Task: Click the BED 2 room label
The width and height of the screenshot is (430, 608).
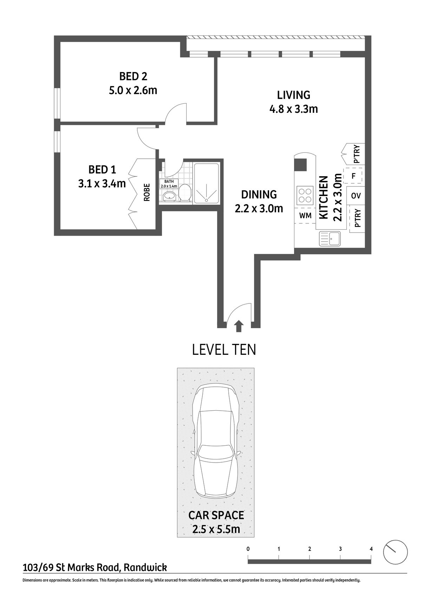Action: (133, 76)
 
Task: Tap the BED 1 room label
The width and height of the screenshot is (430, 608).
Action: (102, 170)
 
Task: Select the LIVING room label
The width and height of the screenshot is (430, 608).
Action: (294, 95)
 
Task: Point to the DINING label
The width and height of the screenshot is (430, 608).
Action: (259, 194)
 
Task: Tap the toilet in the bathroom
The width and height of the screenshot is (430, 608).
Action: (185, 193)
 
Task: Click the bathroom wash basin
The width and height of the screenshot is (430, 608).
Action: (169, 196)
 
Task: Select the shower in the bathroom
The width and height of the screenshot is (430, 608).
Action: (207, 183)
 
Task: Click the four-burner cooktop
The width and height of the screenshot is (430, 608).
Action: (304, 195)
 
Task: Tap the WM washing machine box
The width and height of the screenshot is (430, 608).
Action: (305, 216)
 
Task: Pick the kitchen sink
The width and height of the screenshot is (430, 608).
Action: (330, 239)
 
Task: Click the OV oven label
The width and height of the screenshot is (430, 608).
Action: (356, 196)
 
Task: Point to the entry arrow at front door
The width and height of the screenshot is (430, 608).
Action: (239, 326)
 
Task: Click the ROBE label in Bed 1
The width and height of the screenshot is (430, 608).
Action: (147, 192)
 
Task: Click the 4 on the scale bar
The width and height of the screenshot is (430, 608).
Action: (371, 549)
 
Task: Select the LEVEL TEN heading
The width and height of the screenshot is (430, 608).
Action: (224, 350)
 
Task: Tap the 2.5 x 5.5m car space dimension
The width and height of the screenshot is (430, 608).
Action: (216, 529)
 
